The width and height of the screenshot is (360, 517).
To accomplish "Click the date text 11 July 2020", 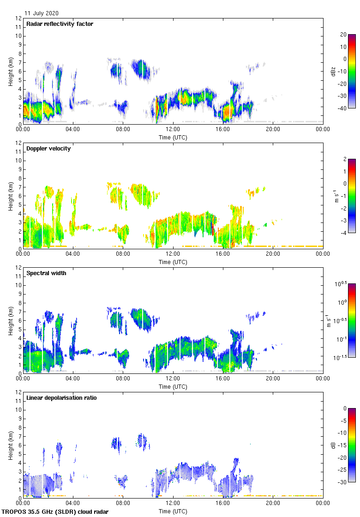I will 42,13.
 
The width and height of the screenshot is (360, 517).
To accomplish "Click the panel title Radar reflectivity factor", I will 60,24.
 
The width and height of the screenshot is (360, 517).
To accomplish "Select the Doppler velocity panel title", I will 48,149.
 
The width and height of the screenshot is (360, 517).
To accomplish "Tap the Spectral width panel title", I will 46,273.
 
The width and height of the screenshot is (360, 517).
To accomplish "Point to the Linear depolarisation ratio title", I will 61,398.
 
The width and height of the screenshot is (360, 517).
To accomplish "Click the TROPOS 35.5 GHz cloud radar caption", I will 55,512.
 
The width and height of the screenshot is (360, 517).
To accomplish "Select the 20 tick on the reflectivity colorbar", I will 343,35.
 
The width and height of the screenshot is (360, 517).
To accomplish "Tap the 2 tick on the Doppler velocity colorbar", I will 343,159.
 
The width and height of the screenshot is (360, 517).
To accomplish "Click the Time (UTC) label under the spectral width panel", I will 173,387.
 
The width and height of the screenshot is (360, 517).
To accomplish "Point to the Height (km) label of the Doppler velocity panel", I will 11,196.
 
